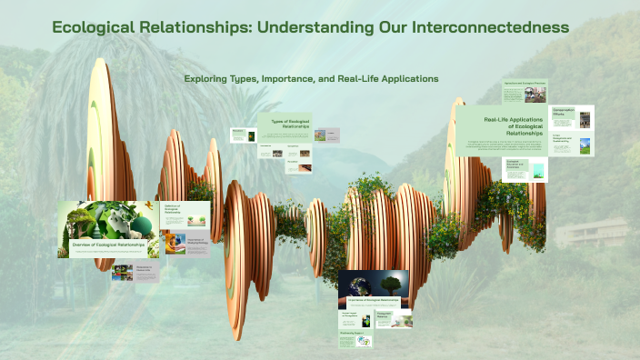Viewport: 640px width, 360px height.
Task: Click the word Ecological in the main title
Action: point(100,27)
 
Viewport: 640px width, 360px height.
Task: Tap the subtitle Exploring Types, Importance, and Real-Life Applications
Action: point(312,79)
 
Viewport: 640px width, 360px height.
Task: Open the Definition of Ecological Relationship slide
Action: point(185,215)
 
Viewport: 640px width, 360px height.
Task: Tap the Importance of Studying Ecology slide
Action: point(185,243)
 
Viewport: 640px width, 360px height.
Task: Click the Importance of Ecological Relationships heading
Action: point(374,299)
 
